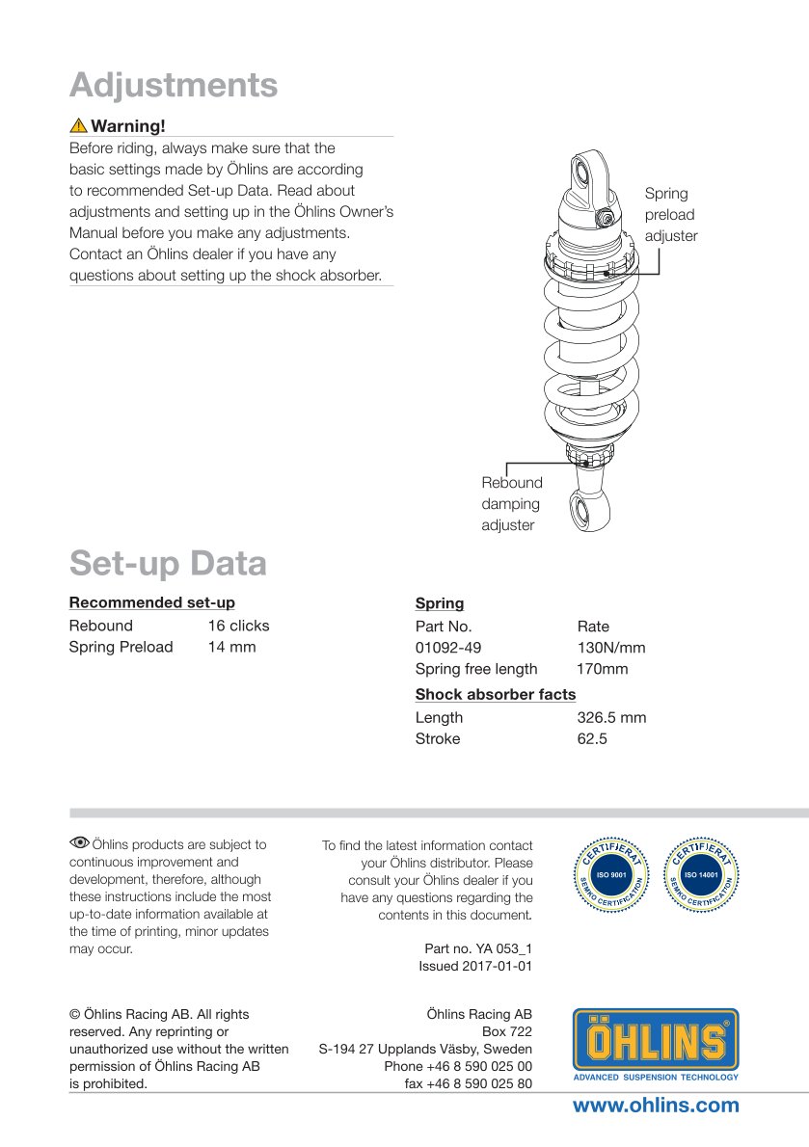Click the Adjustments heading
pyautogui.click(x=174, y=85)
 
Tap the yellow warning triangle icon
pyautogui.click(x=78, y=125)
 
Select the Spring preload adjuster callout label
pyautogui.click(x=670, y=214)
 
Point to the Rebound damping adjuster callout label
pyautogui.click(x=512, y=503)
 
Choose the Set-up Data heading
pyautogui.click(x=168, y=563)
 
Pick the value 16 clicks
pyautogui.click(x=238, y=626)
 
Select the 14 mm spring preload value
pyautogui.click(x=231, y=647)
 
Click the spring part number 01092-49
pyautogui.click(x=447, y=647)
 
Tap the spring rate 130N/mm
pyautogui.click(x=610, y=647)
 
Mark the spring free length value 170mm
pyautogui.click(x=602, y=668)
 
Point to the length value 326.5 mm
pyautogui.click(x=611, y=717)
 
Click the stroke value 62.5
pyautogui.click(x=591, y=738)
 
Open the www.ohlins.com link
pyautogui.click(x=656, y=1106)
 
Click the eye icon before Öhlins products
pyautogui.click(x=80, y=843)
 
